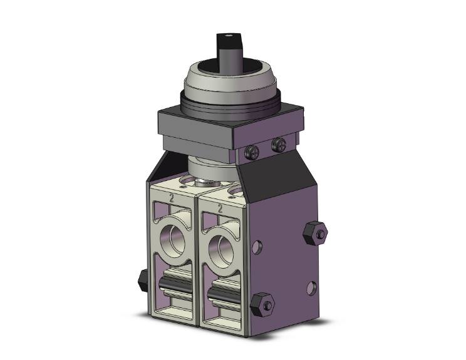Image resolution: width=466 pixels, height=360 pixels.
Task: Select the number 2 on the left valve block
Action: tap(170, 198)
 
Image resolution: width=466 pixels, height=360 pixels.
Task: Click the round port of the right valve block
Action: tap(223, 248)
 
